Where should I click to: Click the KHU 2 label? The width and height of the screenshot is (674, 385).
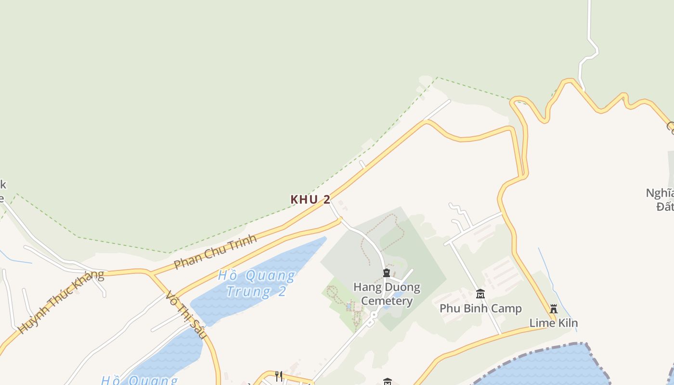click(310, 199)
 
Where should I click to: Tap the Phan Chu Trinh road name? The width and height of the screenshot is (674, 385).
click(215, 252)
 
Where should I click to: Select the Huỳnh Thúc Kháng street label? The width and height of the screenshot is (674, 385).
click(61, 302)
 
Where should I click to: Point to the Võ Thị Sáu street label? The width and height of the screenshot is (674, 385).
click(185, 315)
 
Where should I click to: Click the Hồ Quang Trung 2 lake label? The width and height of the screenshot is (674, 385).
click(256, 283)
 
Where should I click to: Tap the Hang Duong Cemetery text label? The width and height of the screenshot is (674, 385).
click(387, 294)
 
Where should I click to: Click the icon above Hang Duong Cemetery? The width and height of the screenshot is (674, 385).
click(386, 273)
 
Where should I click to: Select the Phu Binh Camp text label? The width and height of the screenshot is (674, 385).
click(480, 308)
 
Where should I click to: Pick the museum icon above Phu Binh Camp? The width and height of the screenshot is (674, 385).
click(480, 294)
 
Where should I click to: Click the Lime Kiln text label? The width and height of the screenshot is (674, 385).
click(554, 323)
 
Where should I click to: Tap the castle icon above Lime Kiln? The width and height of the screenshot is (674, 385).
click(554, 308)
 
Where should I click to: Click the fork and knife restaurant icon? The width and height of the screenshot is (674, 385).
click(279, 376)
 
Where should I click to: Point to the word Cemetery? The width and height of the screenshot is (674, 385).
click(387, 301)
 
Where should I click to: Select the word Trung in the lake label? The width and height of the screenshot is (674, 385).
click(248, 291)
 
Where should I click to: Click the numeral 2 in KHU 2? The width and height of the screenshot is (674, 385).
click(326, 199)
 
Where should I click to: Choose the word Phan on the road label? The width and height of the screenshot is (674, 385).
click(186, 261)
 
